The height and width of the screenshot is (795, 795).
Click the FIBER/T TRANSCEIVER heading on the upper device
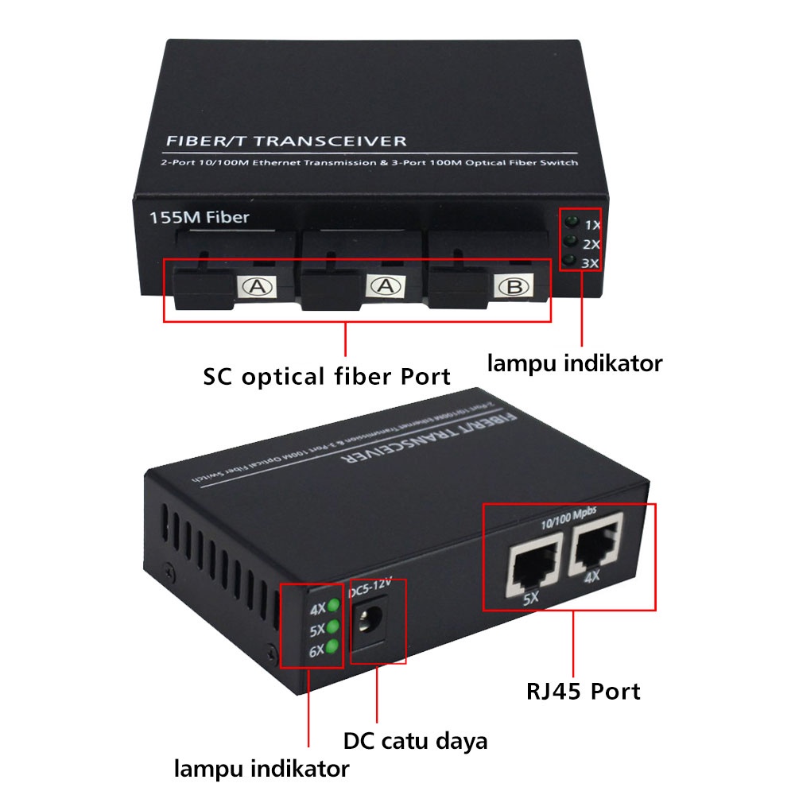tap(285, 142)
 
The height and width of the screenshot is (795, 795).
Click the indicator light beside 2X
tap(569, 241)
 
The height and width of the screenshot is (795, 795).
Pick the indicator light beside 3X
tap(569, 261)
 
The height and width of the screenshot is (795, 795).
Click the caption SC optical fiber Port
tap(327, 376)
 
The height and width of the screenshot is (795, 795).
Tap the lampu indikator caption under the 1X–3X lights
tap(575, 363)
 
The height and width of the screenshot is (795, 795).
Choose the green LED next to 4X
tap(333, 608)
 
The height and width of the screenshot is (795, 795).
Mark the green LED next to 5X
tap(333, 629)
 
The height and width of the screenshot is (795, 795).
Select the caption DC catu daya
tap(415, 741)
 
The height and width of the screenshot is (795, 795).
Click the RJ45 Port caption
tap(583, 691)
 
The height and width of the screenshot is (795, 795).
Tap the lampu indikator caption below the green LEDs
tap(262, 769)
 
